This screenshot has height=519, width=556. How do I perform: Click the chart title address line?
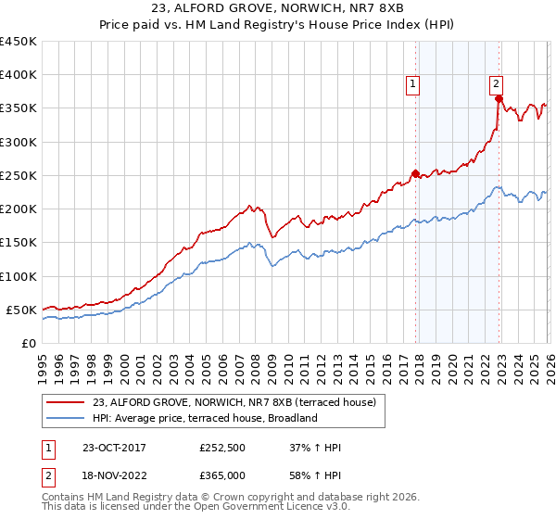click(277, 9)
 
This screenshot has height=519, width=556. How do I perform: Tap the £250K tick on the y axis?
click(19, 175)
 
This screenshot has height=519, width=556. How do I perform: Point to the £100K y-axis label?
click(19, 276)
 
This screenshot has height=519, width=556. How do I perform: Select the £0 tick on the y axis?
click(28, 343)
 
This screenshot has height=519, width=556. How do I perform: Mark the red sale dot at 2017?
click(415, 173)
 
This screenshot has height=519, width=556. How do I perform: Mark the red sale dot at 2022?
click(499, 98)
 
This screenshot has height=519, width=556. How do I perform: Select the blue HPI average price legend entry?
click(205, 418)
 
